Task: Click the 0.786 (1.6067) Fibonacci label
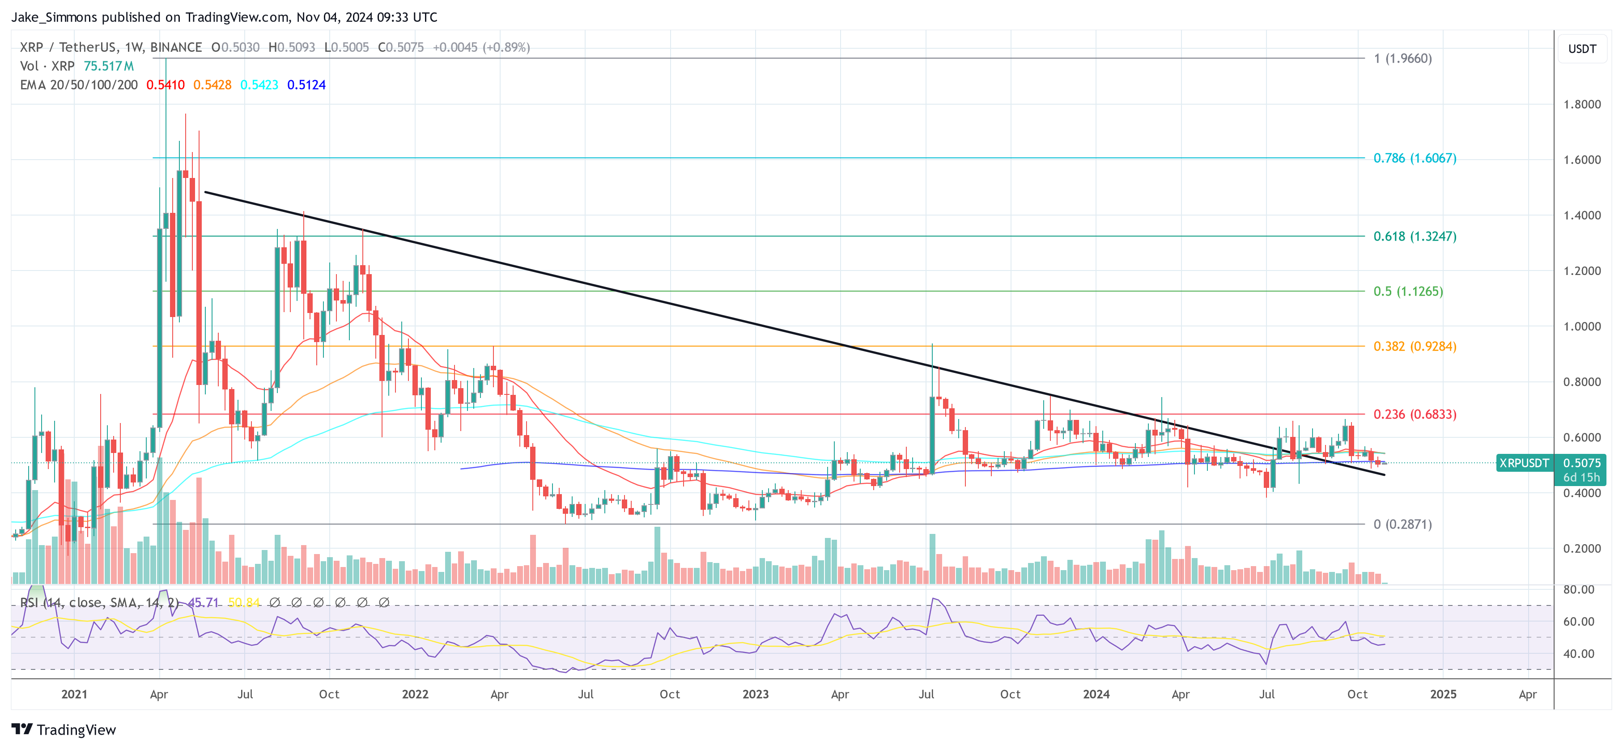1415,158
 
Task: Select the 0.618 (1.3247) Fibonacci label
1415,236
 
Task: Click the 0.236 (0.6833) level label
1415,414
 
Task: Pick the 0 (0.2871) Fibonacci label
1402,524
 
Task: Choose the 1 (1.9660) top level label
1402,59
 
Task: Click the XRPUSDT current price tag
1523,463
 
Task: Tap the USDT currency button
1581,48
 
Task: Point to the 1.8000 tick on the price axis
1581,105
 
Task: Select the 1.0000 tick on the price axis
1581,326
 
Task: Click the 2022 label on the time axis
415,694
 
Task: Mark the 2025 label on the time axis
1443,694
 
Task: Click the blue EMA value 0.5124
306,85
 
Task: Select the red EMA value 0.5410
165,85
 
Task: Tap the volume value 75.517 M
108,66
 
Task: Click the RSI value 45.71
203,603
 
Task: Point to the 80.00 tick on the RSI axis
1578,590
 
